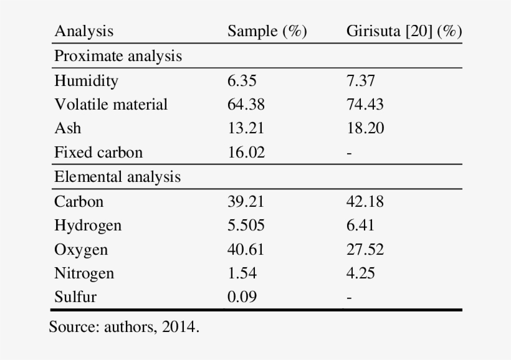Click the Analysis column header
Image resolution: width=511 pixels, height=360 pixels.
click(84, 32)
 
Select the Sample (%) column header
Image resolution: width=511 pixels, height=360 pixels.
click(267, 32)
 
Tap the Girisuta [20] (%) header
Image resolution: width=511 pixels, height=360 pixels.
click(404, 32)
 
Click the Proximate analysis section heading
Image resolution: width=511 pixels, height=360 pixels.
click(118, 56)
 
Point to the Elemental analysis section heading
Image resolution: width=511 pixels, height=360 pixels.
click(117, 177)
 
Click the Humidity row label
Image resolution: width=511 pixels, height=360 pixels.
click(86, 80)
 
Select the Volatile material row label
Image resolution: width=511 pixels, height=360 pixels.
click(111, 104)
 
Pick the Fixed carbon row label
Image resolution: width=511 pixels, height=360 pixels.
click(98, 152)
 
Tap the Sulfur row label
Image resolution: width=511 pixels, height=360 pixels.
click(75, 297)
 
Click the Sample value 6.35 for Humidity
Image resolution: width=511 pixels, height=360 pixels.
click(242, 80)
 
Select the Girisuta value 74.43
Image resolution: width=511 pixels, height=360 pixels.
click(365, 104)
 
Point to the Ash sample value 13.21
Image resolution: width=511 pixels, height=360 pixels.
click(246, 128)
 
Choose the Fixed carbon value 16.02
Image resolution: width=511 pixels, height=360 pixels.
click(246, 152)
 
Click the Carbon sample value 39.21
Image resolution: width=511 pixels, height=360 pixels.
click(246, 201)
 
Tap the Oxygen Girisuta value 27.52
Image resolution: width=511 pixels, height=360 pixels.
click(365, 249)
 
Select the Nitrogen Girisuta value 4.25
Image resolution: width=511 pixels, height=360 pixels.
click(361, 273)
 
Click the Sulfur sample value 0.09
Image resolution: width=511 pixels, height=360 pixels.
click(242, 297)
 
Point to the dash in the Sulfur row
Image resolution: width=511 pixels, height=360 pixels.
click(349, 298)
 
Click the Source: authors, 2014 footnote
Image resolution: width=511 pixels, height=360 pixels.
click(124, 327)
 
